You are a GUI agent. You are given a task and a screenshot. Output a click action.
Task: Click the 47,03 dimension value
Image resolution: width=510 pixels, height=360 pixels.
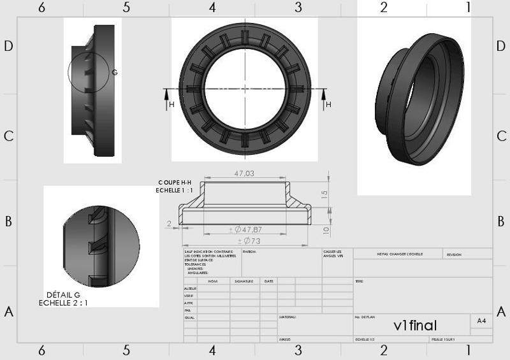tap(244, 173)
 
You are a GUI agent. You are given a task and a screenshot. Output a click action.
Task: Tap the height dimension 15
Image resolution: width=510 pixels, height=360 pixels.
tap(324, 194)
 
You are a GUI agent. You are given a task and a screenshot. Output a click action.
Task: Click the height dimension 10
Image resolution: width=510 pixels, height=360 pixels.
tap(325, 229)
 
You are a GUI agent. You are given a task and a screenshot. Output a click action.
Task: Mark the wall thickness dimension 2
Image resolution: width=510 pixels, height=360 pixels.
tap(168, 224)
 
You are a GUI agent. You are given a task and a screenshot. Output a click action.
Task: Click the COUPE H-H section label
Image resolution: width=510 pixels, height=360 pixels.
tap(174, 182)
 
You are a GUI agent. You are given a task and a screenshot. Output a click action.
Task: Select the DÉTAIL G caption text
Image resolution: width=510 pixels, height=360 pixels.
tap(63, 295)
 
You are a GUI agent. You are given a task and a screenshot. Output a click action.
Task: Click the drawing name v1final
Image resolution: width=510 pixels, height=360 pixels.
tap(415, 326)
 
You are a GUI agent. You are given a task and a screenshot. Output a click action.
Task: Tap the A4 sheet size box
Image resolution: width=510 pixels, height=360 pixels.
tap(481, 321)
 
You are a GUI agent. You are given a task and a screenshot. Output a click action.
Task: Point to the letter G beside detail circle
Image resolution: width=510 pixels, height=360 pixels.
tap(115, 73)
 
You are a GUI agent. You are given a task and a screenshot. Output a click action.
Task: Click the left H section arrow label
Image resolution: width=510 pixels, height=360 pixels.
tap(171, 104)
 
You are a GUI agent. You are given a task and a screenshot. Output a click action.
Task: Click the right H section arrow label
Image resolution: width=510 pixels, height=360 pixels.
tap(328, 104)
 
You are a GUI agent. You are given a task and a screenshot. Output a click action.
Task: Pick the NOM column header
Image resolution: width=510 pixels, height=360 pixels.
tap(213, 281)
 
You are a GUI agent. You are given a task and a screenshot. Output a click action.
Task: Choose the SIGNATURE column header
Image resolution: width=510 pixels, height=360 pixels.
tap(244, 281)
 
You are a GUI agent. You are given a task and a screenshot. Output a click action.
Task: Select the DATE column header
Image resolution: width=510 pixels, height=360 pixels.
tap(269, 281)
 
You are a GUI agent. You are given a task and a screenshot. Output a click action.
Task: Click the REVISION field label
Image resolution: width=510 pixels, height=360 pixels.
tap(454, 254)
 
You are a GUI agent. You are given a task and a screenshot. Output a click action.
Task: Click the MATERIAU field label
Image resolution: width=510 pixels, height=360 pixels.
tap(288, 316)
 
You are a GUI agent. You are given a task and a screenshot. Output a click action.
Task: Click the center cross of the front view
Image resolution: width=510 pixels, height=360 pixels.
tap(245, 89)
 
